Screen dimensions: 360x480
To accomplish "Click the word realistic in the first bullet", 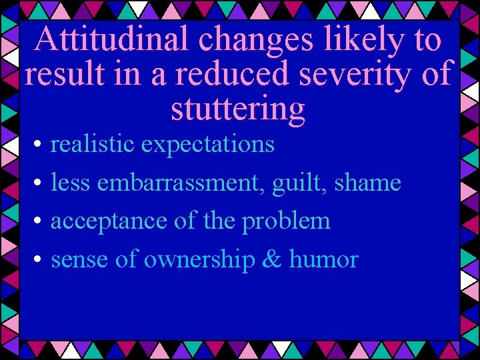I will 92,143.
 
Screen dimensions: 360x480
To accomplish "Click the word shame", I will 367,182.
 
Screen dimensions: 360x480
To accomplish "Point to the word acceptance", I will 109,221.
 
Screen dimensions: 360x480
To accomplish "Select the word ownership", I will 199,260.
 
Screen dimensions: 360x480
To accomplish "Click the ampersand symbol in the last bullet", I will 271,259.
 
